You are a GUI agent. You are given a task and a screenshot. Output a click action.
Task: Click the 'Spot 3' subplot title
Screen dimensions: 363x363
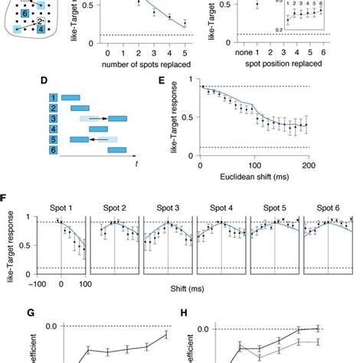[167, 208]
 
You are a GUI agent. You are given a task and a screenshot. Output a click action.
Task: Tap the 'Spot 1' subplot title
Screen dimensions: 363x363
[60, 208]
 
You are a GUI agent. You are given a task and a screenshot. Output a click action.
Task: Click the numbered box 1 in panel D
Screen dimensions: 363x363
[51, 97]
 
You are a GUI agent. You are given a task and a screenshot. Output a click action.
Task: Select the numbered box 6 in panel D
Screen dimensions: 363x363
[51, 153]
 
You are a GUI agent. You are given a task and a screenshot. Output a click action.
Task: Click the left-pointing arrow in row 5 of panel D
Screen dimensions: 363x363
[97, 142]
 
